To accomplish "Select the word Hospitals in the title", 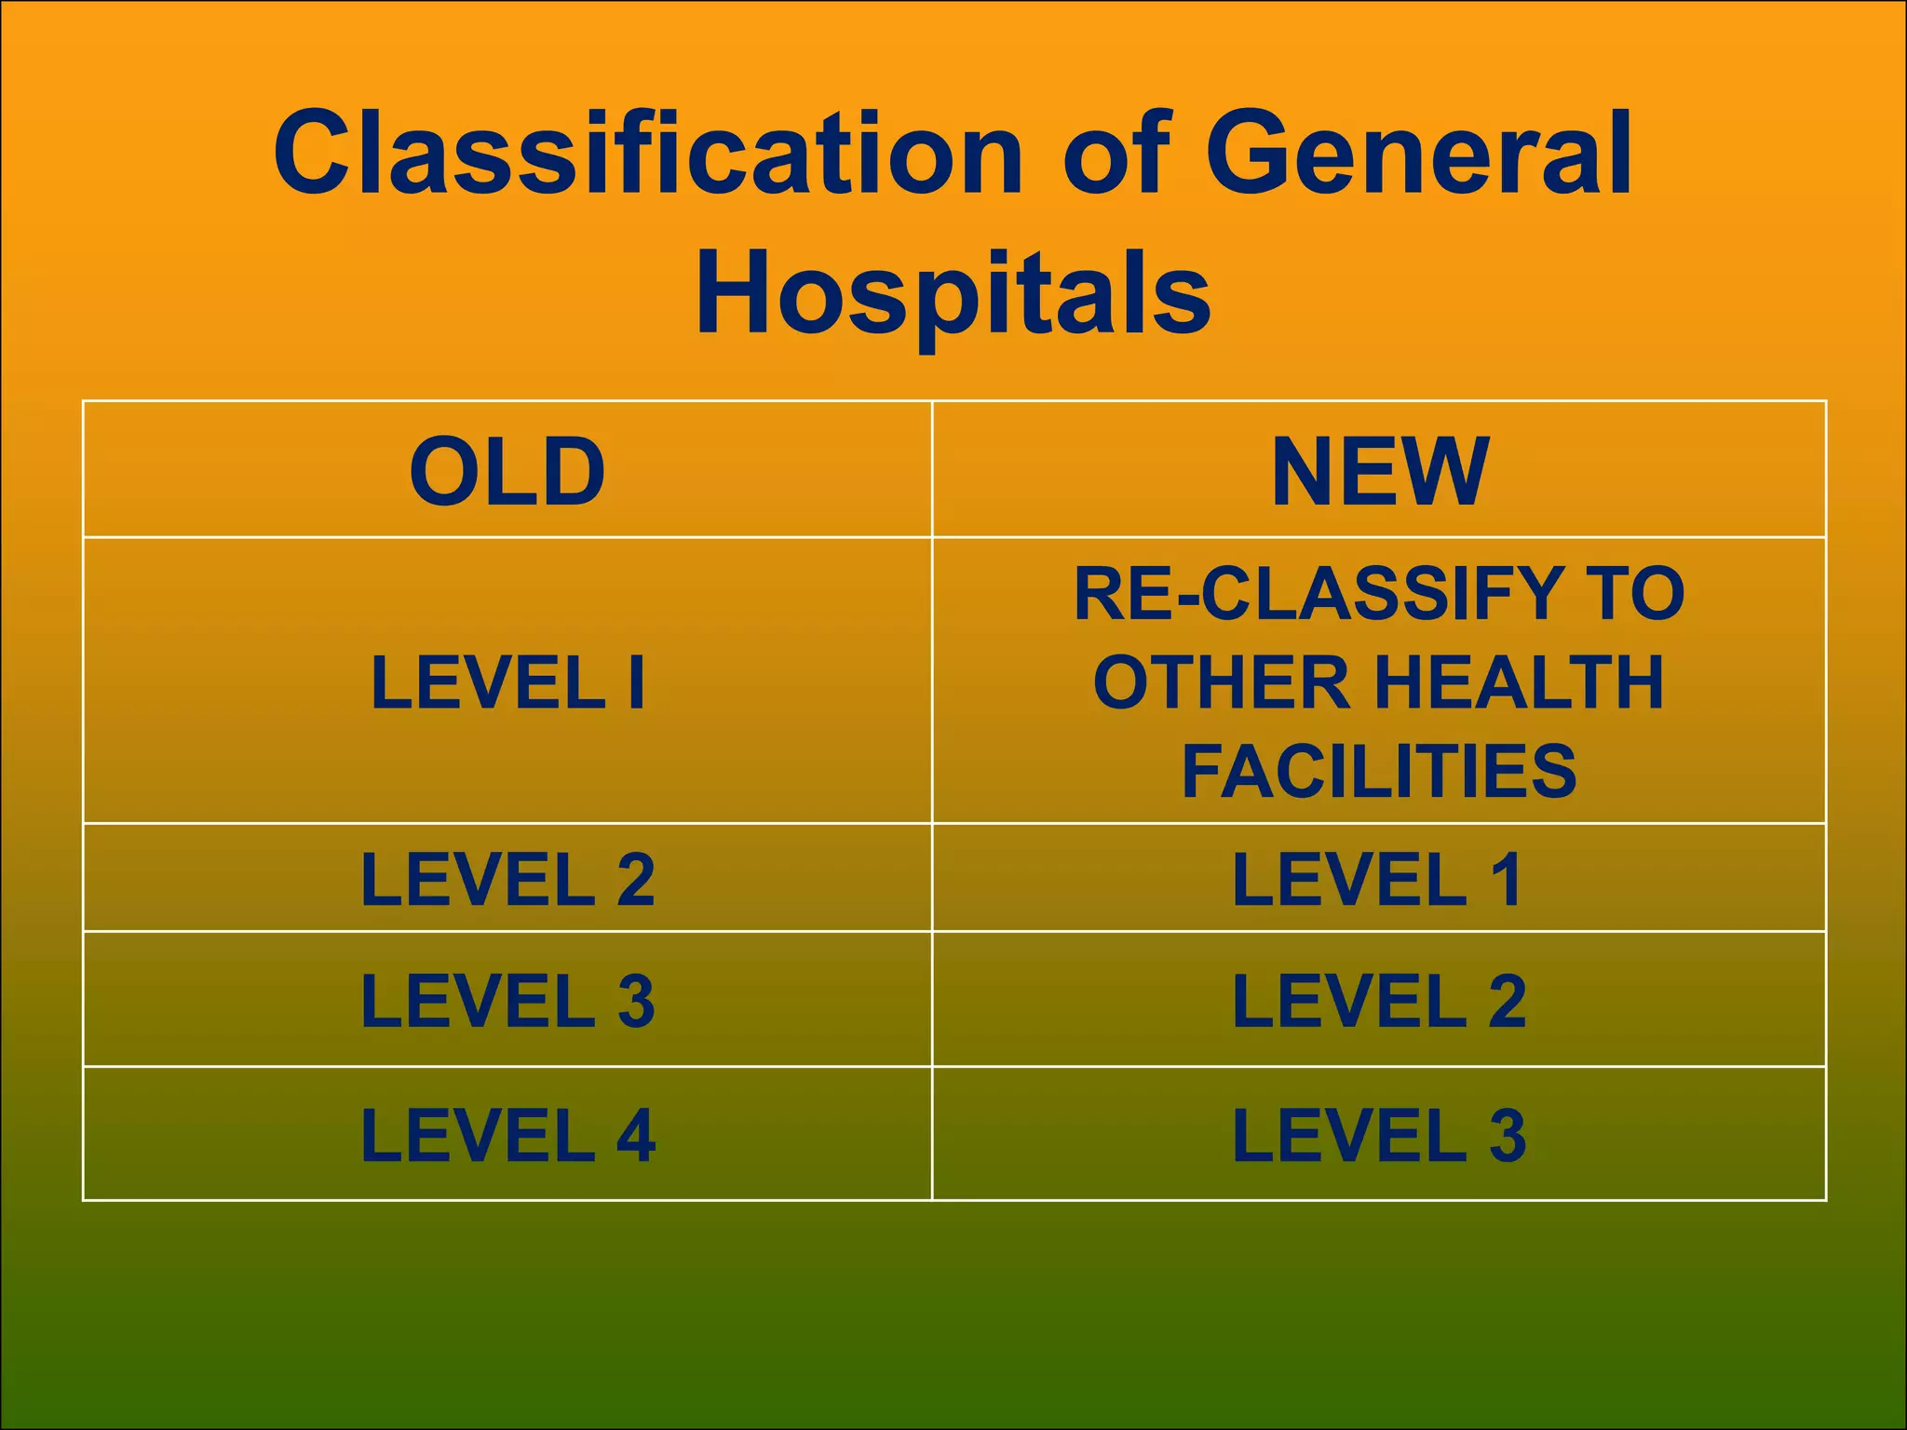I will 953,293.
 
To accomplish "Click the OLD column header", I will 507,472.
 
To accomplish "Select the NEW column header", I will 1380,472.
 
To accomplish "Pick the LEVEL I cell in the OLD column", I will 507,682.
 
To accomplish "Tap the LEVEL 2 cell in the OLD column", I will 507,879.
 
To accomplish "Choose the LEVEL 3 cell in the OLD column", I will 507,1001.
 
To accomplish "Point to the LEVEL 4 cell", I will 507,1136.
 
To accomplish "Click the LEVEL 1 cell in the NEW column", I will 1379,879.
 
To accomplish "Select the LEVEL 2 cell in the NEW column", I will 1379,1001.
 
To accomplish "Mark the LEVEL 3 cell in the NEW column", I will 1379,1136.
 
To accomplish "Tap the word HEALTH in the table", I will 1519,682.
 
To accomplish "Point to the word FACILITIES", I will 1379,771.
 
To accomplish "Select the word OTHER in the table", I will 1221,682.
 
